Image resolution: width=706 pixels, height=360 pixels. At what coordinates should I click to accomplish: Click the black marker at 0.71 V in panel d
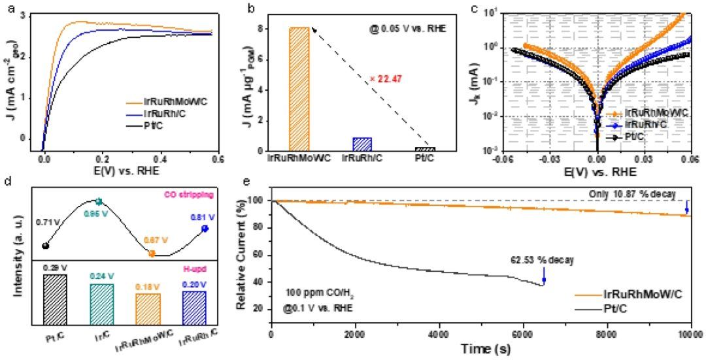[x=44, y=246]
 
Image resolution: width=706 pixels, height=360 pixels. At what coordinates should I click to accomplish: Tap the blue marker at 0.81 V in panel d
[x=205, y=228]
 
